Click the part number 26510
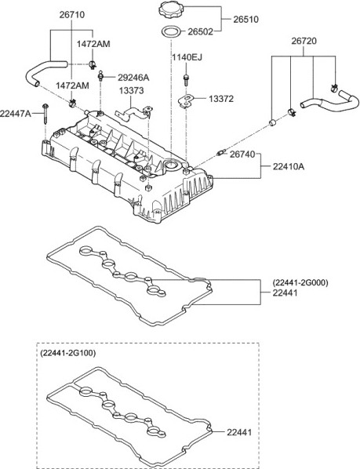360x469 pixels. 245,20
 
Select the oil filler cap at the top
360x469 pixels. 170,11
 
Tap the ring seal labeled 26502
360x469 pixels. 171,32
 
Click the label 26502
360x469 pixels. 200,31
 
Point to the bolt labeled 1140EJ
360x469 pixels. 186,78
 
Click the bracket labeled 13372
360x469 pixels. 186,100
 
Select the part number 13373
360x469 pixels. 131,90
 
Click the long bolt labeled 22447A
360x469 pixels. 45,114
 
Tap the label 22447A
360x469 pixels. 16,114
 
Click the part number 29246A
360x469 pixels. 133,78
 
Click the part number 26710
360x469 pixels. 71,14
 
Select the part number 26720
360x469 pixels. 304,41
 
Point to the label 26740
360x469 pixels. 242,155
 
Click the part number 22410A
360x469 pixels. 289,166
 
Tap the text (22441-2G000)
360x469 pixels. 300,282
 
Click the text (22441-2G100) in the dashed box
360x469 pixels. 68,353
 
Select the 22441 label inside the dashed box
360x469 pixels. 239,432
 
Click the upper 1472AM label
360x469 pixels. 93,44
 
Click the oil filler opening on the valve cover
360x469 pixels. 171,164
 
